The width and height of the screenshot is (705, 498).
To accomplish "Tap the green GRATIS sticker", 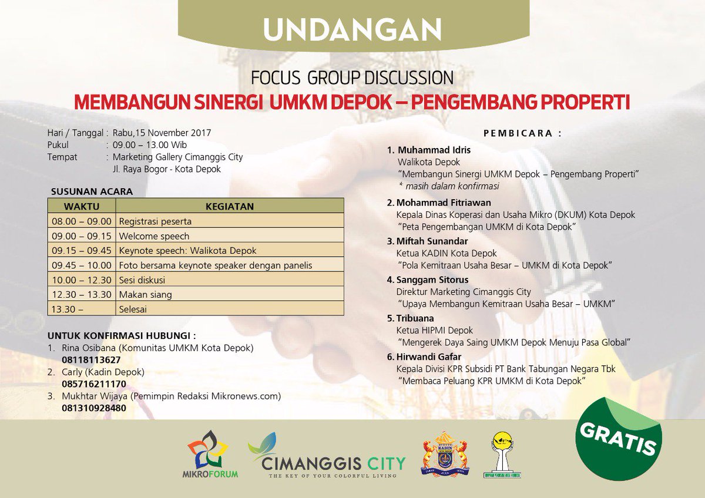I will coord(618,439).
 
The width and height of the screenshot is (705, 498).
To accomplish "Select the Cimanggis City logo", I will coord(327,456).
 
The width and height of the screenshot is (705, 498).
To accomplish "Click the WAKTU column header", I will coord(82,206).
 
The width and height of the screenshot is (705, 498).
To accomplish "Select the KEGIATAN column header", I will coord(230,206).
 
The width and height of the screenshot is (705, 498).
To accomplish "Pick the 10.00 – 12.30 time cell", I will coord(82,280).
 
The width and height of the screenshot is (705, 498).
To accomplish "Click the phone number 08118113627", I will coord(91,359).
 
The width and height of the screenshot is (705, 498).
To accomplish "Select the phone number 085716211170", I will coord(94,384).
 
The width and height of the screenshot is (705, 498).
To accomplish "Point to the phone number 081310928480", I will coord(94,408).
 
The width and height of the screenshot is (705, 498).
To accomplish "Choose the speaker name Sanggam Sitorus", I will coord(432,280).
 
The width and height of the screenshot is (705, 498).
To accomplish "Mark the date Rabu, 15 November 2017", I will coord(162,133).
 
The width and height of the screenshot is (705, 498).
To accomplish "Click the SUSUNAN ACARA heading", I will coord(92,191).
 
